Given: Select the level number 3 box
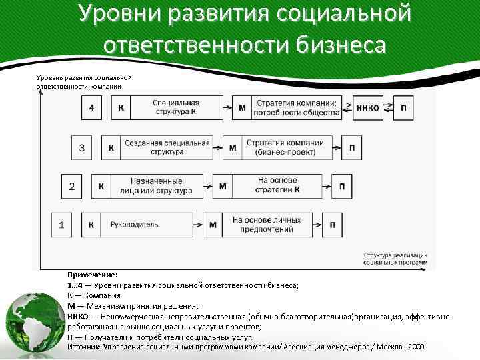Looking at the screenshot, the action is pyautogui.click(x=81, y=147).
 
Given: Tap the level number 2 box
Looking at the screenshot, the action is pyautogui.click(x=71, y=186).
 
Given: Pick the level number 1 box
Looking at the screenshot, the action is pyautogui.click(x=61, y=225).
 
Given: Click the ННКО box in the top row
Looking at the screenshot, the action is pyautogui.click(x=367, y=108).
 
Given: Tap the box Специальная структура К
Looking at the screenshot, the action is pyautogui.click(x=178, y=108).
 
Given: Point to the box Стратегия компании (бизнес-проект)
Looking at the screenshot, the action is pyautogui.click(x=285, y=147).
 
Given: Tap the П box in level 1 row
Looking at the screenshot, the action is pyautogui.click(x=332, y=225).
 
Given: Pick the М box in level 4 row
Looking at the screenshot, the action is pyautogui.click(x=241, y=108).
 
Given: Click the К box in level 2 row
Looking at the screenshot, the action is pyautogui.click(x=101, y=186).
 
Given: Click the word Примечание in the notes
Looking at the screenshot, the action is pyautogui.click(x=92, y=274).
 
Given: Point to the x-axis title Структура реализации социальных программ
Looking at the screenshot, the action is pyautogui.click(x=395, y=259).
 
